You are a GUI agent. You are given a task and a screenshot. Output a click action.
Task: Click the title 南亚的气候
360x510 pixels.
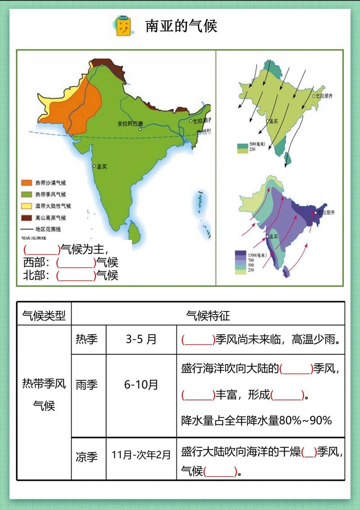181,26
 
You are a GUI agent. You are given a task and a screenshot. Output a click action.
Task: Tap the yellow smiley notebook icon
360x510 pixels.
122,25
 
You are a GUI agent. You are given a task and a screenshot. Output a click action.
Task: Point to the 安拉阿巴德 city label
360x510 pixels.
130,123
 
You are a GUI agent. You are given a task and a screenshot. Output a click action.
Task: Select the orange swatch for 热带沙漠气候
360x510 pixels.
27,183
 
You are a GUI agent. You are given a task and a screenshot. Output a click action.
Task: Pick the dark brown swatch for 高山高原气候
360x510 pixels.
27,218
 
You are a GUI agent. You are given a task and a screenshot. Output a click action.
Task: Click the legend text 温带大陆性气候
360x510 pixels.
53,206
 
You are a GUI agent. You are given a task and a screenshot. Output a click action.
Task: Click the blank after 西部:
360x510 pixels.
76,262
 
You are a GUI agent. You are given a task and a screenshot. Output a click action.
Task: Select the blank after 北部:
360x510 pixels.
76,275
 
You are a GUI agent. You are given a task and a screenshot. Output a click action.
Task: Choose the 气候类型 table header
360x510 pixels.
44,316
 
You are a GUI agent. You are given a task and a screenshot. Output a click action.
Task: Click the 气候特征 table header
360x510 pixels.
208,316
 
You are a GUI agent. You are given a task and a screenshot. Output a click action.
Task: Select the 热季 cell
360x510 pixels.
87,339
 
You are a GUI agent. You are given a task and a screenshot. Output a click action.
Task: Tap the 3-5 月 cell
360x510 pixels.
141,339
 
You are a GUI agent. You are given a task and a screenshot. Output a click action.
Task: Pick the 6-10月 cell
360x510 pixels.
141,385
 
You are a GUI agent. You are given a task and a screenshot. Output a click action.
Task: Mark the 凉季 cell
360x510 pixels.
87,458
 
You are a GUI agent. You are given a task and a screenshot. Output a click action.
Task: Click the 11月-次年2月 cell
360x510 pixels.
141,455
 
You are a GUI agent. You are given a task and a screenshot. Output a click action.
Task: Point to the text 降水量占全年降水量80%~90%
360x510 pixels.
256,420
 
